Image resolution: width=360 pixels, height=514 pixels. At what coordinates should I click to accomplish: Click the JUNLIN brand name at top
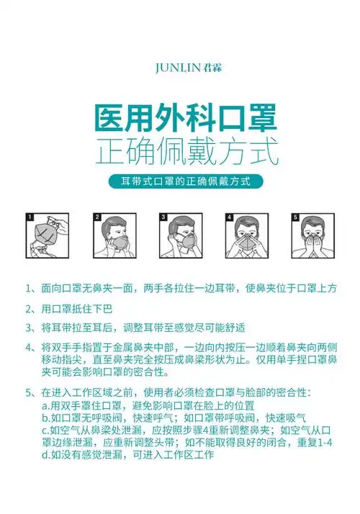[x=179, y=68]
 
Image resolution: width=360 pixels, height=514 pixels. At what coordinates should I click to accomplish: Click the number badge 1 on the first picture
[x=30, y=217]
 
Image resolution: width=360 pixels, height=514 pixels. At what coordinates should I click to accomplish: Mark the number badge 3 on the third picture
[x=163, y=217]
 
